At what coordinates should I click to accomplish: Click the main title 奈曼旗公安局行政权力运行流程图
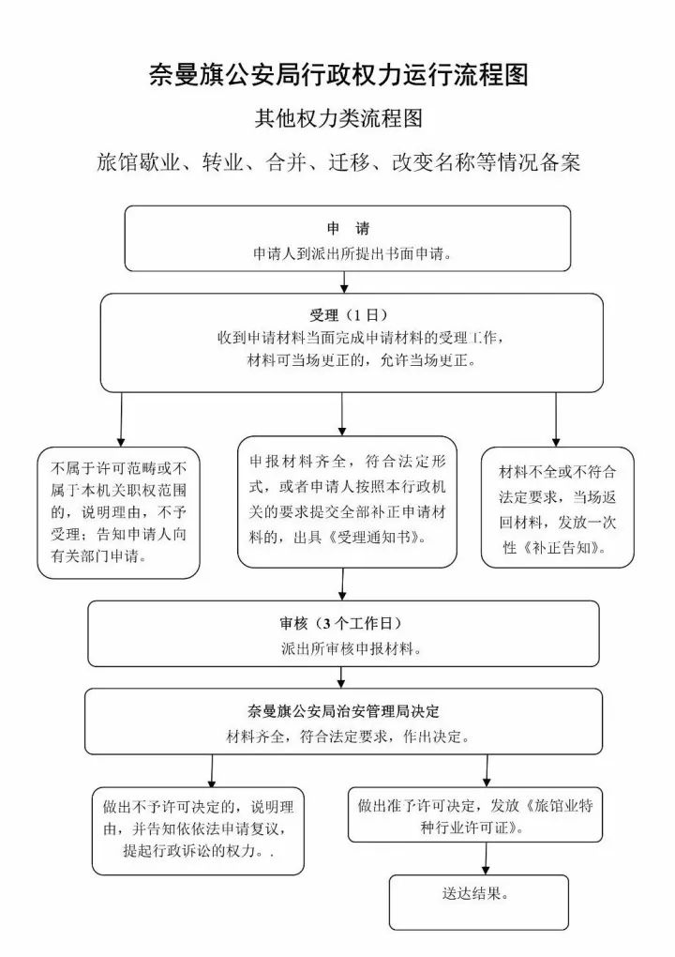click(338, 75)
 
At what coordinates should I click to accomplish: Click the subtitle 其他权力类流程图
click(338, 118)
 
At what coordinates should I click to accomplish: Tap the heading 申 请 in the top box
click(348, 229)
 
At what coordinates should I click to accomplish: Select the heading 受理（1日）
click(348, 315)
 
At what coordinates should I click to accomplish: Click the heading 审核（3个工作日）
click(341, 623)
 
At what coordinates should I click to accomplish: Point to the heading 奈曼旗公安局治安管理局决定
click(343, 711)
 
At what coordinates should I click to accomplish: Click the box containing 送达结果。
click(479, 902)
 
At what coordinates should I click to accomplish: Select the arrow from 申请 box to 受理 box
click(344, 282)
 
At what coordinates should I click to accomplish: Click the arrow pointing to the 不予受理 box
click(121, 419)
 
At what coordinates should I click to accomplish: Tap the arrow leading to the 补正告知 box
click(556, 419)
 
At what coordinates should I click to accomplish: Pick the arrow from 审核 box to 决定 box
click(341, 677)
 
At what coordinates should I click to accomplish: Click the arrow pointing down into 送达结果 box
click(486, 858)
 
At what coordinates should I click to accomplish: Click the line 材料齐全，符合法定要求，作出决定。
click(348, 737)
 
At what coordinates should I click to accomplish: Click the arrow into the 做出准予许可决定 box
click(487, 771)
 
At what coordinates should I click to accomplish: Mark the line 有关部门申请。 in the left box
click(98, 556)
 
